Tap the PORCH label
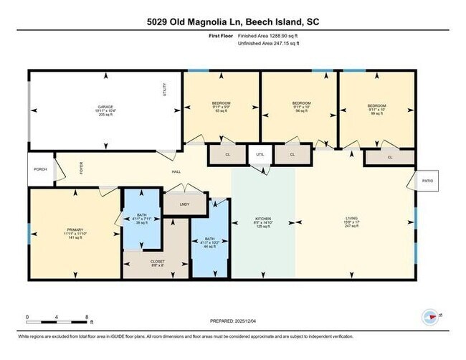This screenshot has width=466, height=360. click(x=40, y=170)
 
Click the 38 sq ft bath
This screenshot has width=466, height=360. click(x=141, y=220)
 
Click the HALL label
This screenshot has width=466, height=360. click(x=176, y=172)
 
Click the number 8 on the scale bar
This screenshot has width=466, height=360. click(x=86, y=316)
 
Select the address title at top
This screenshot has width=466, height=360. click(x=234, y=22)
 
